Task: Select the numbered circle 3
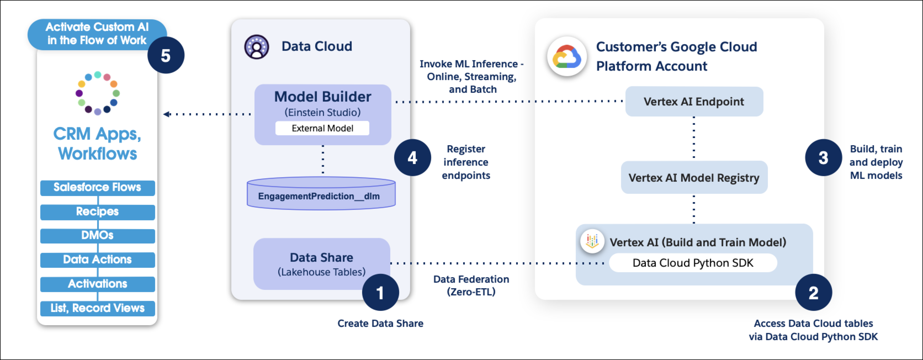tap(823, 158)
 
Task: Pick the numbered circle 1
tap(380, 293)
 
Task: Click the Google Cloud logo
tap(567, 57)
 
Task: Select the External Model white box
tap(322, 128)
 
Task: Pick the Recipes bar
tap(98, 212)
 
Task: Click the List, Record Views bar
tap(98, 308)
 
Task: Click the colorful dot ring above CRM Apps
tap(98, 93)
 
